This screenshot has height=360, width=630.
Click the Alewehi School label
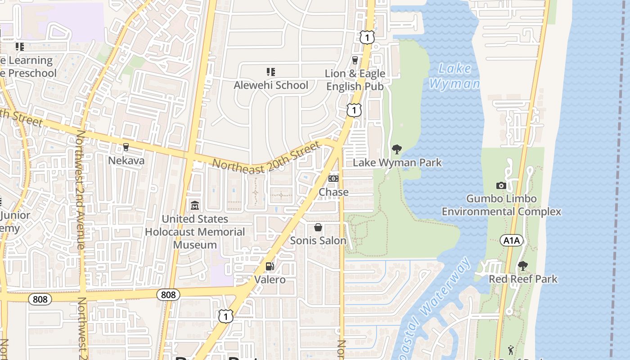coord(271,85)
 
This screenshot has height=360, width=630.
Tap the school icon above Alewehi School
coord(270,72)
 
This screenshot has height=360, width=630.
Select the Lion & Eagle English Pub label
coord(355,80)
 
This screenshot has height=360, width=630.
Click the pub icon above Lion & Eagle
coord(355,60)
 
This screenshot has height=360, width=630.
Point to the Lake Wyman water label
coord(454,76)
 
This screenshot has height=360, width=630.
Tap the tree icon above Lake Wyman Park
coord(396,149)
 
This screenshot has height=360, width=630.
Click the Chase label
coord(333,192)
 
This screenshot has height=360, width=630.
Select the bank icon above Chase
coord(333,179)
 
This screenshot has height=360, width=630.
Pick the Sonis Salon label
coord(318,240)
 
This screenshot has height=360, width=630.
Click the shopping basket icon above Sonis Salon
coord(318,227)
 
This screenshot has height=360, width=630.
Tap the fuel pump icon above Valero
coord(270,266)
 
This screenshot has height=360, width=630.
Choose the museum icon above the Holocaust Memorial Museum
coord(195,206)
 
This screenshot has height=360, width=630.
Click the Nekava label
coord(126,161)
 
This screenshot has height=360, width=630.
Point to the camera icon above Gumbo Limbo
coord(501,185)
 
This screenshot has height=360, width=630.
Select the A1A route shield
coord(511,241)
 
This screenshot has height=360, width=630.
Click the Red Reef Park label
coord(523,279)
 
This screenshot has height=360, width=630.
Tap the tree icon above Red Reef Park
coord(522,266)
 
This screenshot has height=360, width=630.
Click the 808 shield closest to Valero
coord(168,295)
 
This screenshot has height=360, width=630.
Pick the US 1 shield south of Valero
coord(226,316)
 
